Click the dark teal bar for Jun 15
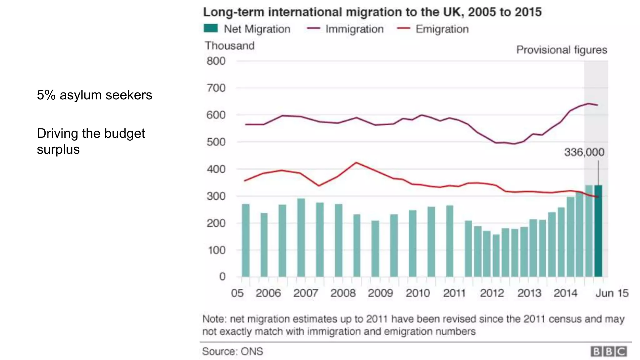point(598,231)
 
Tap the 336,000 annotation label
point(584,152)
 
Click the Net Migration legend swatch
point(211,28)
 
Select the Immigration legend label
point(354,29)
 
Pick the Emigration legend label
point(442,29)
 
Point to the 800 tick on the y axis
point(216,61)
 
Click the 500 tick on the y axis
point(216,142)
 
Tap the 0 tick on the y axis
point(222,277)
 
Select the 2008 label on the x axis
point(343,293)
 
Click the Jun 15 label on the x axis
point(612,293)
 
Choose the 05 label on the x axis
point(237,293)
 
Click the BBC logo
point(608,352)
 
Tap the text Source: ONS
point(232,352)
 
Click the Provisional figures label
point(562,50)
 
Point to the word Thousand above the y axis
point(230,46)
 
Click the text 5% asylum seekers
point(94,95)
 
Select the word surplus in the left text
point(58,149)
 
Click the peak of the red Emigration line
point(356,162)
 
